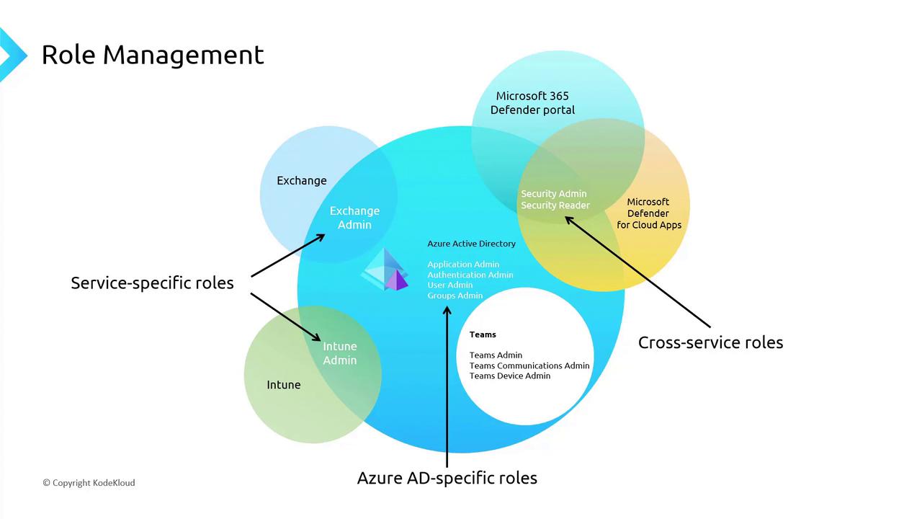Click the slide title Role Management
click(x=153, y=55)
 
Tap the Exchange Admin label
click(x=354, y=218)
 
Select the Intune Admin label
click(x=339, y=353)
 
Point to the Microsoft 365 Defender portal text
click(x=532, y=103)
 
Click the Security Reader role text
click(x=555, y=205)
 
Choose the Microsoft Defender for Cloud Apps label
click(x=648, y=213)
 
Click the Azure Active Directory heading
click(x=471, y=244)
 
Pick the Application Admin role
click(x=463, y=265)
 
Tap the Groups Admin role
click(x=455, y=296)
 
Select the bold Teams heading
click(x=483, y=334)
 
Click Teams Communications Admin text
click(x=529, y=365)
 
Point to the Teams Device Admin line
click(x=510, y=376)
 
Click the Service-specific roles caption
click(x=152, y=283)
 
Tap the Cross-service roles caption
click(x=710, y=342)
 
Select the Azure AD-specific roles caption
click(x=447, y=478)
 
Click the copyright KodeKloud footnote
click(x=89, y=483)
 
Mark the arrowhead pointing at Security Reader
click(x=568, y=219)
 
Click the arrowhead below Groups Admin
click(x=447, y=311)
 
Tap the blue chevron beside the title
click(x=12, y=55)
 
